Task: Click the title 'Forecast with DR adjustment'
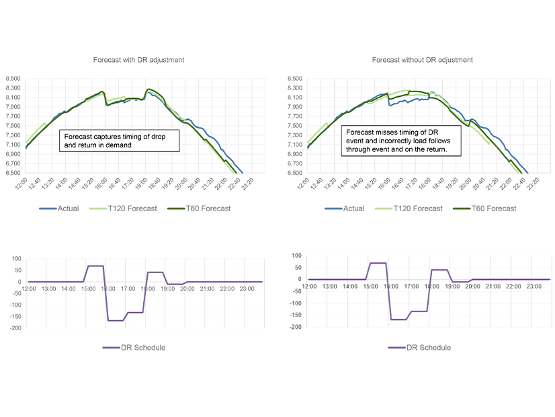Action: pyautogui.click(x=138, y=60)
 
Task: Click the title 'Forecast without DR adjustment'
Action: pyautogui.click(x=422, y=60)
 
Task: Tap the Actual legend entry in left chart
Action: pyautogui.click(x=60, y=208)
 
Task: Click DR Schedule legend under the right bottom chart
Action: pyautogui.click(x=419, y=348)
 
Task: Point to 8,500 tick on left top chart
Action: pyautogui.click(x=13, y=79)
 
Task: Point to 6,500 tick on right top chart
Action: pyautogui.click(x=294, y=173)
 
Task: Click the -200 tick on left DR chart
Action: pyautogui.click(x=13, y=328)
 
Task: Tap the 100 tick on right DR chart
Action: pyautogui.click(x=297, y=256)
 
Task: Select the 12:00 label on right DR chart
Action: pyautogui.click(x=309, y=286)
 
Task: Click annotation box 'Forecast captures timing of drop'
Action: pyautogui.click(x=119, y=140)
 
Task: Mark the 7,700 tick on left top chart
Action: pyautogui.click(x=13, y=116)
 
